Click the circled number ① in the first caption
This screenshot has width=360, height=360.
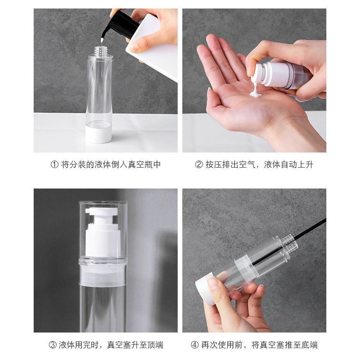[x=55, y=165]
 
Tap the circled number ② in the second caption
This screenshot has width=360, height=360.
[x=199, y=165]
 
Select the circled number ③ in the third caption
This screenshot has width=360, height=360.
[x=52, y=345]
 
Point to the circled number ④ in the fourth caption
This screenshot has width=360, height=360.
[x=195, y=345]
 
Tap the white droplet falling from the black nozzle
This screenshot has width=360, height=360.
[x=101, y=41]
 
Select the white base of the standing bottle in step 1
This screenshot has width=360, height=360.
[x=99, y=134]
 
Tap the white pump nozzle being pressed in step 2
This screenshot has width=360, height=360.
[x=257, y=74]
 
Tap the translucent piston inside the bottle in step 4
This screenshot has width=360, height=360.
[x=245, y=267]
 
